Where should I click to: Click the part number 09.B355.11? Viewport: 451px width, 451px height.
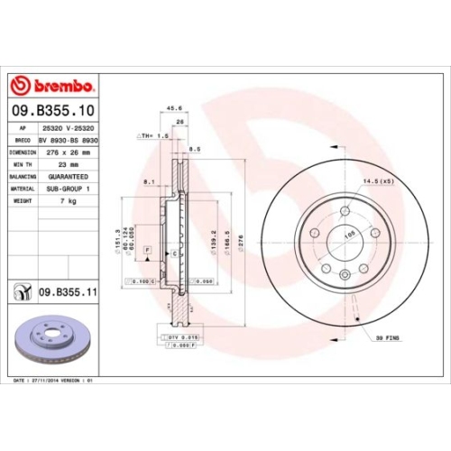69,292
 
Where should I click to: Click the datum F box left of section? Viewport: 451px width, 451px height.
147,248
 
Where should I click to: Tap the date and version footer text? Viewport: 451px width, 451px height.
55,382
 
